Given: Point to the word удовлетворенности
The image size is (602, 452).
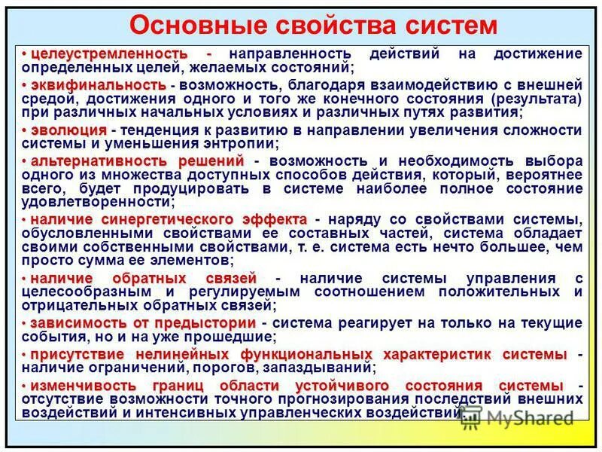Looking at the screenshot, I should pos(97,202).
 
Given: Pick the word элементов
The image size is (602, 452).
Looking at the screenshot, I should pos(192,261).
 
